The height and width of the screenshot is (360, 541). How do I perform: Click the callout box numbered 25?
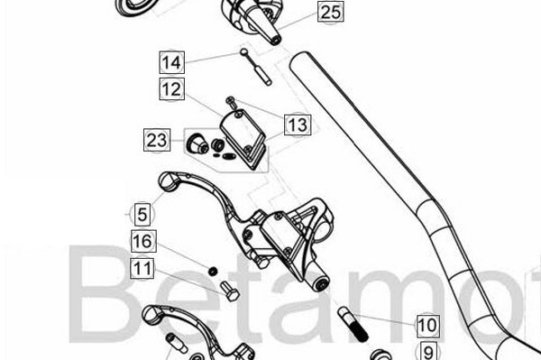tap(331, 12)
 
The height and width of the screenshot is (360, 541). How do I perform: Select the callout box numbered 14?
tap(172, 62)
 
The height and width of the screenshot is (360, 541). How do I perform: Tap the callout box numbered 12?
tap(172, 89)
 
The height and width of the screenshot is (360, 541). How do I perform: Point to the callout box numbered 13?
tap(298, 125)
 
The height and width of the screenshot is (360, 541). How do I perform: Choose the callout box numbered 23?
tap(157, 140)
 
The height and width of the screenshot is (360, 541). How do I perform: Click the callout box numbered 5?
tap(142, 214)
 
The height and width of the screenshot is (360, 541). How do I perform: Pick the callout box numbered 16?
tap(143, 241)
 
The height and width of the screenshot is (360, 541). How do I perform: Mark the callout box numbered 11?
tap(142, 269)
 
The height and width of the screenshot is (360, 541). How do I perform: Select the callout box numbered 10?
tap(427, 326)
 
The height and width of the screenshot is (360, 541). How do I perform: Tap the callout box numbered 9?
tap(427, 351)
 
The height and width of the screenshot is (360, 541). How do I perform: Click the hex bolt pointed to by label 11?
tap(230, 291)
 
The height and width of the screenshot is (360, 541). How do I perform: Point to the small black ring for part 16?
tap(213, 272)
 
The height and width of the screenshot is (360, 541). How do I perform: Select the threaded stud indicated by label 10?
tap(353, 324)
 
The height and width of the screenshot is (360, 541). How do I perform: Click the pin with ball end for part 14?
tap(256, 67)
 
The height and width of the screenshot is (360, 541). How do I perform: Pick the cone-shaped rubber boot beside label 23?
tap(197, 143)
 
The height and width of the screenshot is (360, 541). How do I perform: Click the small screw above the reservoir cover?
tap(231, 103)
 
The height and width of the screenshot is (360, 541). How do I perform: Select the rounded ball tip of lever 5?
tap(168, 180)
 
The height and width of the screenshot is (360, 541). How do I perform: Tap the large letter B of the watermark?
tap(101, 294)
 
